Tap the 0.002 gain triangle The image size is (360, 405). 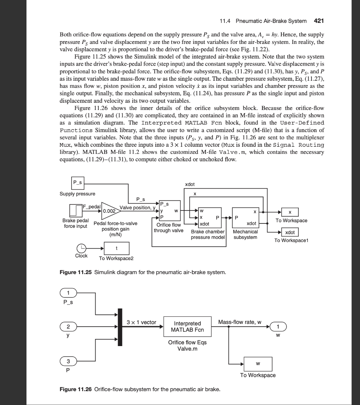[110, 211]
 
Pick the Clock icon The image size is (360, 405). [82, 248]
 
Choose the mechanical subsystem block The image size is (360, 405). [245, 217]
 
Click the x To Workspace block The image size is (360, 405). [290, 212]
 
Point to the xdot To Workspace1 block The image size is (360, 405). [290, 232]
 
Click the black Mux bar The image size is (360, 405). [119, 327]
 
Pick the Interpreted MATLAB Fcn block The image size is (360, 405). [188, 327]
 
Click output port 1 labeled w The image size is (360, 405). [278, 327]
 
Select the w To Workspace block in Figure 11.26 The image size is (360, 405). [258, 363]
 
